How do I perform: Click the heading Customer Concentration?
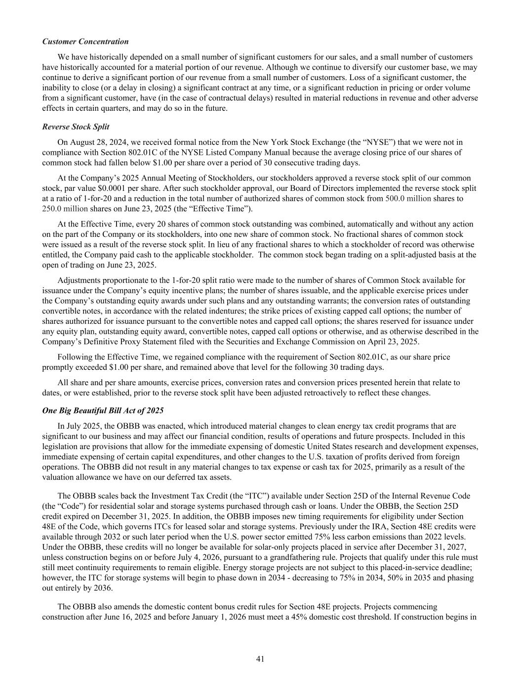(x=85, y=42)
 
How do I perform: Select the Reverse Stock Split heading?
(x=76, y=127)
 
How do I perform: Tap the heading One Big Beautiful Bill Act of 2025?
(x=103, y=410)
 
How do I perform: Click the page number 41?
(x=260, y=659)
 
